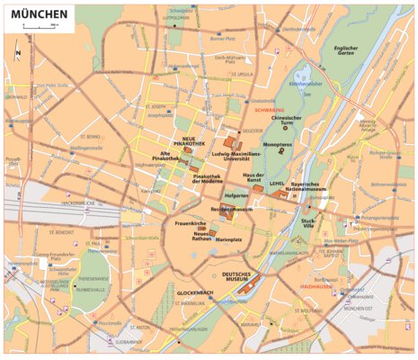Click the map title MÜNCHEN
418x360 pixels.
pos(38,15)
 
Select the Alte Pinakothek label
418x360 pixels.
pos(172,157)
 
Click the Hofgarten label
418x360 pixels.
pos(236,193)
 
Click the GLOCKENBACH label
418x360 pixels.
pos(194,292)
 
